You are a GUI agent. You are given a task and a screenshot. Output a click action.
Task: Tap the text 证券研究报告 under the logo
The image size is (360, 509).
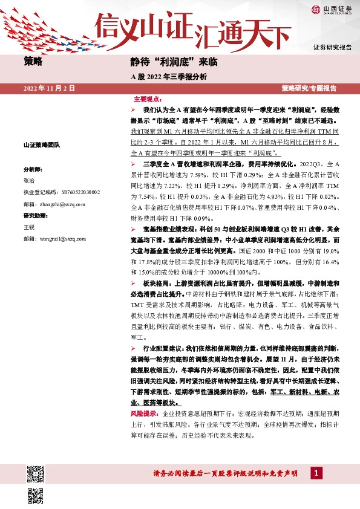coord(332,47)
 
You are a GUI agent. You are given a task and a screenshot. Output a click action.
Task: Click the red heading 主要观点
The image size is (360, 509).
coord(147,99)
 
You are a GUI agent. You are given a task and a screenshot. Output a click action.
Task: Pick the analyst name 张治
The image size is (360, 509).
coord(28,181)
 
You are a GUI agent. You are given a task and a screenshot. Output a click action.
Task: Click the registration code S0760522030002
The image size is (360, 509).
coord(77,192)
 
